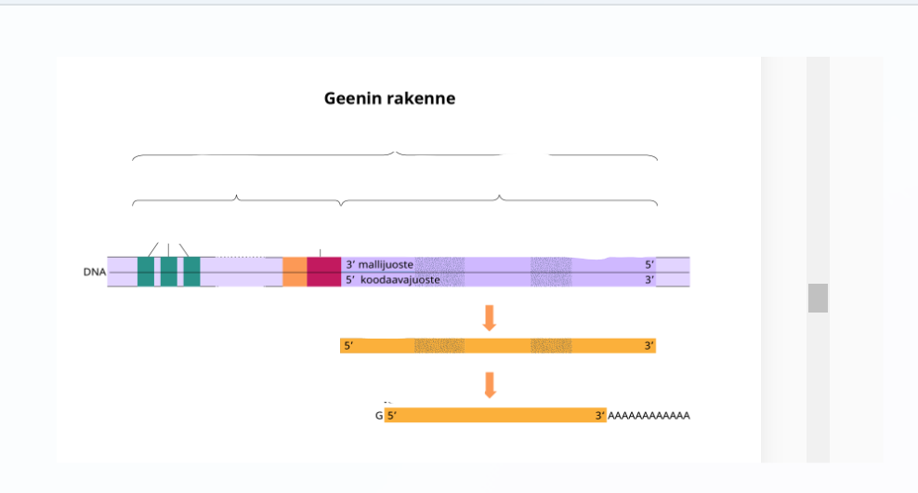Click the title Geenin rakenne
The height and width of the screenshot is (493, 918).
pyautogui.click(x=389, y=98)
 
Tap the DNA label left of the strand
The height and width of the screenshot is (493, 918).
pyautogui.click(x=94, y=273)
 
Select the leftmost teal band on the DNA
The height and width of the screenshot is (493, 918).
pyautogui.click(x=146, y=272)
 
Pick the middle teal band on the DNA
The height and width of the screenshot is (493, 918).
pyautogui.click(x=168, y=272)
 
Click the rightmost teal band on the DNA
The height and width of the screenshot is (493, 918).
pyautogui.click(x=191, y=272)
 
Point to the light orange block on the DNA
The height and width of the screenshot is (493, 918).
pyautogui.click(x=295, y=272)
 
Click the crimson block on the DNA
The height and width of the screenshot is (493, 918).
pyautogui.click(x=323, y=272)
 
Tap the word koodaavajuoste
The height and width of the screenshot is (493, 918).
pyautogui.click(x=400, y=279)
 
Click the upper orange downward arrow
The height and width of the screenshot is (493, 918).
pyautogui.click(x=490, y=317)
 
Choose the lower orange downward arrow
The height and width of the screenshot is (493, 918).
pyautogui.click(x=490, y=384)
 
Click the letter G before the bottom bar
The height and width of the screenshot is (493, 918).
pyautogui.click(x=379, y=416)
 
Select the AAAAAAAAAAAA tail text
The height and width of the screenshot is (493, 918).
pyautogui.click(x=649, y=416)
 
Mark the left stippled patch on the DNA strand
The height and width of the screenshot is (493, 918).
pyautogui.click(x=439, y=272)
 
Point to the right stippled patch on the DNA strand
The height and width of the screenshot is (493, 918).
pyautogui.click(x=551, y=272)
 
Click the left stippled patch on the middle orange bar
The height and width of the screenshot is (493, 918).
pyautogui.click(x=439, y=346)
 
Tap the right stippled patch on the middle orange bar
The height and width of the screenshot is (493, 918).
pyautogui.click(x=551, y=346)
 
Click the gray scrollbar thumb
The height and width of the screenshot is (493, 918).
pyautogui.click(x=818, y=298)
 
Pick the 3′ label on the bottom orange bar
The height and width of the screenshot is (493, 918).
pyautogui.click(x=600, y=416)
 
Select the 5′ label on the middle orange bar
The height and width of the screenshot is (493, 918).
pyautogui.click(x=348, y=346)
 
